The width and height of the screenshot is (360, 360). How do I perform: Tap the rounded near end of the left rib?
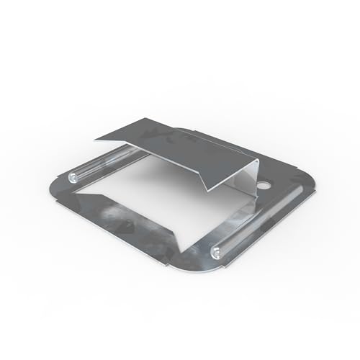[x=75, y=176]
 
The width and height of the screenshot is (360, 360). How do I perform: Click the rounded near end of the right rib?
[x=216, y=251]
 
